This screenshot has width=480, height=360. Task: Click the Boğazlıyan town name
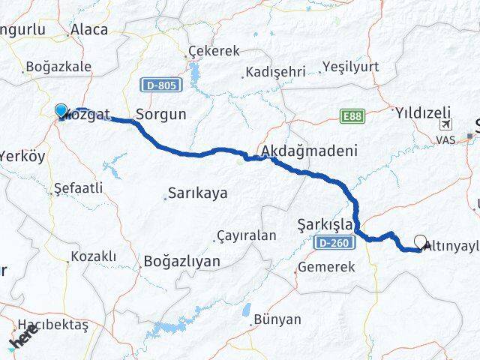tap(181, 261)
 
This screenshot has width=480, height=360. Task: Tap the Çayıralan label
tap(246, 235)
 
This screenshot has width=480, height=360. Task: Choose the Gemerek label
tap(326, 266)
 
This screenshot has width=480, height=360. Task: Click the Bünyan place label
tap(277, 319)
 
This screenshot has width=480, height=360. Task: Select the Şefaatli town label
tap(78, 189)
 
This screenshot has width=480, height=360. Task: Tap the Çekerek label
tap(214, 51)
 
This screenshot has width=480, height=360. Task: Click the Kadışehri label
tap(275, 73)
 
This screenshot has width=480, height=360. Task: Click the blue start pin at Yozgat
tap(61, 111)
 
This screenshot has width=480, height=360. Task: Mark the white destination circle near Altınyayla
tap(421, 242)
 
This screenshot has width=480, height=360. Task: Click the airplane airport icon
tap(448, 124)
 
